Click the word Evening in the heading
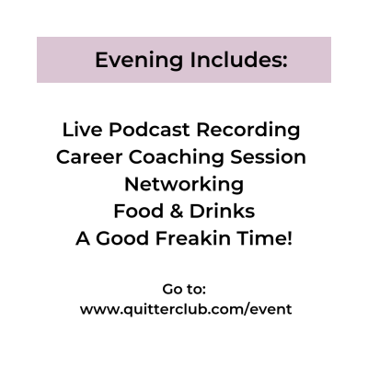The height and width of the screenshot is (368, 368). pos(139,61)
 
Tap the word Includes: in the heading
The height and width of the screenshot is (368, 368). pos(238,60)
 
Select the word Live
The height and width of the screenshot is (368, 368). pos(82,130)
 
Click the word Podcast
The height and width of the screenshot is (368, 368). pos(149,130)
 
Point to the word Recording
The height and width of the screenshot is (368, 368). pos(248,131)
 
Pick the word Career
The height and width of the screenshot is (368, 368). pos(89,157)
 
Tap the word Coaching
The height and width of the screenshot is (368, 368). pos(176,158)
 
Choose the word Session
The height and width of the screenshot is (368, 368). pos(268,157)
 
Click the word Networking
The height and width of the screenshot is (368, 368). pos(184,185)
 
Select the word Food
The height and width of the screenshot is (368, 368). pos(138,212)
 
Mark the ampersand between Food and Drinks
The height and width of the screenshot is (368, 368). pos(177,212)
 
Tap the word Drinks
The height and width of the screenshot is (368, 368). pos(222,212)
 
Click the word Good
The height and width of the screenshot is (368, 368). pos(122,238)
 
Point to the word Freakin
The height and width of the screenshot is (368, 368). pos(193,238)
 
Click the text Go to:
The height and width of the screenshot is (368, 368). pos(184,289)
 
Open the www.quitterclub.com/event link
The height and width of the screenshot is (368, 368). pos(186,309)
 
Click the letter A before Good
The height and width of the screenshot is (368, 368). pos(83,238)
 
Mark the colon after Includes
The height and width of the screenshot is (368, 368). pos(284,62)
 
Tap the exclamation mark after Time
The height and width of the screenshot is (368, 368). pos(290,238)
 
